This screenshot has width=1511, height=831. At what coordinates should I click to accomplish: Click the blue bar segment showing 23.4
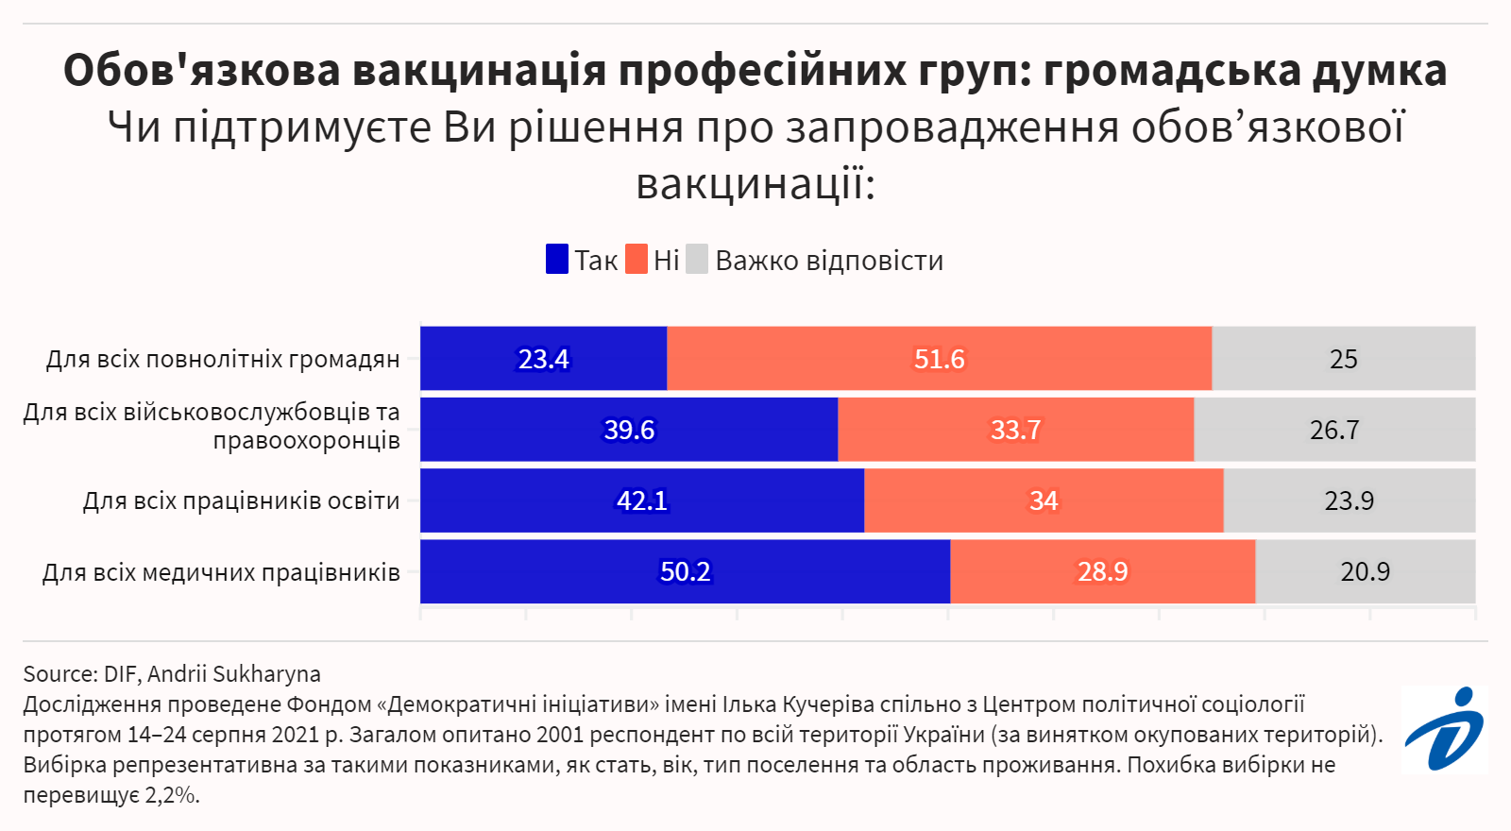(543, 359)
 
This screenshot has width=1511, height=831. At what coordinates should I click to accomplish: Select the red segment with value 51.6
(939, 359)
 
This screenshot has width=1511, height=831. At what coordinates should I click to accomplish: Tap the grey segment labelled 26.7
(1333, 430)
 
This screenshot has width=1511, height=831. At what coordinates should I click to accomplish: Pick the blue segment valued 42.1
(642, 500)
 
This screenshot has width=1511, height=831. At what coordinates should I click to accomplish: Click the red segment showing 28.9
(1102, 571)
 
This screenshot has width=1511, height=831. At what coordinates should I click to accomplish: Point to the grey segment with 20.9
(1365, 571)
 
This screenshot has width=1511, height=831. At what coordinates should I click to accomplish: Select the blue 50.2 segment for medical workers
(685, 571)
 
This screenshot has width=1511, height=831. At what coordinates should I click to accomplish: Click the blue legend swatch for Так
(557, 260)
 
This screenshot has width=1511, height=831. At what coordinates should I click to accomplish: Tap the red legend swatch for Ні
(637, 260)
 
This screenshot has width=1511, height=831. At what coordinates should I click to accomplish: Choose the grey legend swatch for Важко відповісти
(697, 260)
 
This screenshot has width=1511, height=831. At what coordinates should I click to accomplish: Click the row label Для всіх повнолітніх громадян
(223, 360)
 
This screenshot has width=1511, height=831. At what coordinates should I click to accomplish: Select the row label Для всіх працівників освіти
(241, 500)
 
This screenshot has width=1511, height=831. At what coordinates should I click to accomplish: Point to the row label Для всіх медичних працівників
(221, 572)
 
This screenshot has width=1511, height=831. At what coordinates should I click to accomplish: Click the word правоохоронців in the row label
(306, 441)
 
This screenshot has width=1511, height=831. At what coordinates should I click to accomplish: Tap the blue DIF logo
(1444, 729)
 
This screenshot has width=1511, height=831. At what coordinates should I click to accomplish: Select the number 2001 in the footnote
(562, 735)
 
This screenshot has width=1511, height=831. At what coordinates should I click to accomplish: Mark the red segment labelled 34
(1043, 500)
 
